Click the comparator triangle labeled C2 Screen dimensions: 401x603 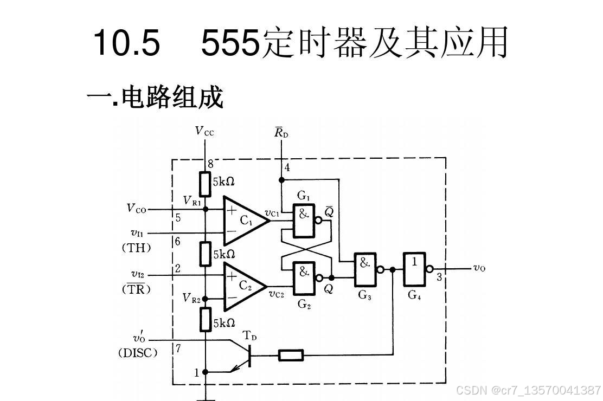[244, 286]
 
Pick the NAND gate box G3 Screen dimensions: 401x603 [365, 269]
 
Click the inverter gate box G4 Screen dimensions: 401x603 [414, 269]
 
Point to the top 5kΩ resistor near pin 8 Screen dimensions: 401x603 [205, 184]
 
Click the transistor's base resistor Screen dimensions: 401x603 [291, 355]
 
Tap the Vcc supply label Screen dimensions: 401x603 [204, 131]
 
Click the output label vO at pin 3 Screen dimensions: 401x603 [479, 268]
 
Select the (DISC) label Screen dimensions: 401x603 [138, 353]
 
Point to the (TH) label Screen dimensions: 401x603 [136, 248]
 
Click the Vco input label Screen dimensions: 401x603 [136, 208]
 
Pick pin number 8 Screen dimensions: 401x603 [210, 164]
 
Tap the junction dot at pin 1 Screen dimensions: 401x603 [205, 372]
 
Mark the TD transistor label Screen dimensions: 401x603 [249, 336]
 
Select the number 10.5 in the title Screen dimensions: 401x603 [127, 43]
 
